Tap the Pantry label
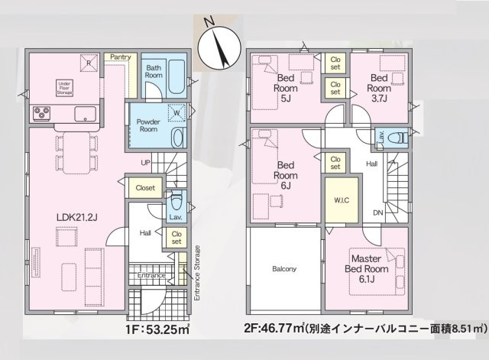coord(121,57)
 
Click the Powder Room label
coord(149,126)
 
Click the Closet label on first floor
coord(145,187)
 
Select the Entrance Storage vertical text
coord(197,272)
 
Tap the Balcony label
coord(283,269)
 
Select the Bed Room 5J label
coord(286,86)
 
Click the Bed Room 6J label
coord(286,172)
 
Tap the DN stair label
coord(377,212)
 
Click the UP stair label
coord(146,162)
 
